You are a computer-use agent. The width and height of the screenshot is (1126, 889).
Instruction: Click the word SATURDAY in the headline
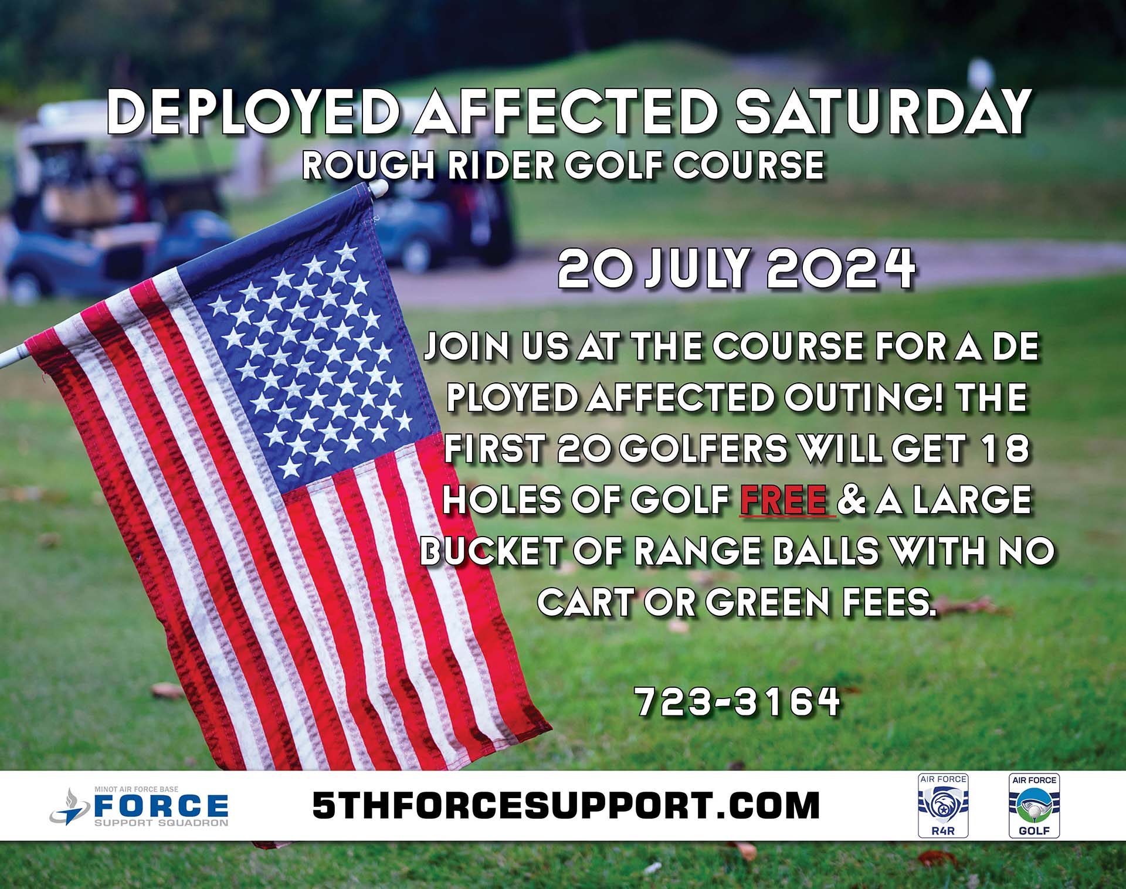[x=883, y=111]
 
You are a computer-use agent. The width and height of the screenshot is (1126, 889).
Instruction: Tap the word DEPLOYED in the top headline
[x=257, y=111]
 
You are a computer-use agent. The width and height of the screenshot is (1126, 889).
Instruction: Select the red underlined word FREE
[x=785, y=499]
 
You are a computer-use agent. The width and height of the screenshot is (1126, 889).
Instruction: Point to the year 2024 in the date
[x=840, y=269]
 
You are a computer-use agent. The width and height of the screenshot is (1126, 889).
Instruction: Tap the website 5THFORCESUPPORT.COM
[x=565, y=805]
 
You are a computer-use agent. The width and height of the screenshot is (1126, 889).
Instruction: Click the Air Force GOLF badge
[x=1034, y=805]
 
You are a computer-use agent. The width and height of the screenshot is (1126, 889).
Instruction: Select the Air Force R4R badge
[x=943, y=805]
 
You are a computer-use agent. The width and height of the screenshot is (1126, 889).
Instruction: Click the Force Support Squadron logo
[x=139, y=806]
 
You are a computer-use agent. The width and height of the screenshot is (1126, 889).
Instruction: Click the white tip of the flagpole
[x=378, y=188]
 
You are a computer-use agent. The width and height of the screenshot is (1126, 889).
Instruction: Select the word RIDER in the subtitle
[x=499, y=165]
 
